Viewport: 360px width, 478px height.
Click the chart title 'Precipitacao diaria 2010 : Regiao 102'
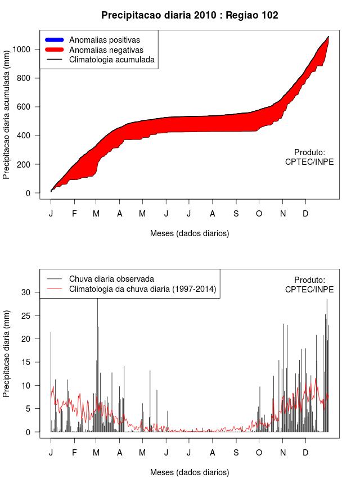[x=190, y=15]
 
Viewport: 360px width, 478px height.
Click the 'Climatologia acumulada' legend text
[x=111, y=60]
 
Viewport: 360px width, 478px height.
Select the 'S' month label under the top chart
[x=236, y=214]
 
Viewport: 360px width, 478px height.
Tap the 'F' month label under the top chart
[x=74, y=214]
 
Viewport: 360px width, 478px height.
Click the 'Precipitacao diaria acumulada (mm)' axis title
[x=7, y=120]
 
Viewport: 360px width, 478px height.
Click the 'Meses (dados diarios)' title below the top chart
[x=190, y=233]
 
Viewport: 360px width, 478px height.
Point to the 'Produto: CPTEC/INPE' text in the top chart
[x=309, y=157]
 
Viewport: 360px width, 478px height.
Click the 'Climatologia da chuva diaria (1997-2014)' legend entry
[x=142, y=289]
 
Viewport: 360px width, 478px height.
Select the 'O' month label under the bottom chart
[x=259, y=453]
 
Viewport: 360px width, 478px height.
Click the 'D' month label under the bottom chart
[x=305, y=453]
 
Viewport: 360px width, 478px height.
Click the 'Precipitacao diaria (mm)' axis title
[x=7, y=354]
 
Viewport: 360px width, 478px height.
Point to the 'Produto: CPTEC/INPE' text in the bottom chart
[x=309, y=285]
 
